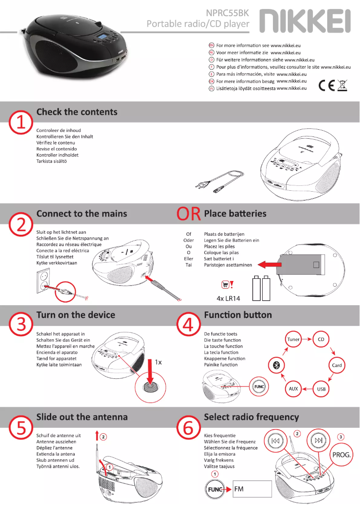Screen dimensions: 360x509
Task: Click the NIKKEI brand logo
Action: coord(305,21)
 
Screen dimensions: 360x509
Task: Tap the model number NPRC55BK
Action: coord(227,13)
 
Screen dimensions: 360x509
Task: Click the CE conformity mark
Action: coord(326,85)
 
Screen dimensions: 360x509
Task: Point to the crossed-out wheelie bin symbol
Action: coord(342,85)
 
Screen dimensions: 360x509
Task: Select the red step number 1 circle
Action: coord(21,123)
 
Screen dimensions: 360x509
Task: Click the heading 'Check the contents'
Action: coord(77,112)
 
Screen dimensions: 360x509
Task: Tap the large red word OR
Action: coord(189,214)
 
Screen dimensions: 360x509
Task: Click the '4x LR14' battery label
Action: coord(228,298)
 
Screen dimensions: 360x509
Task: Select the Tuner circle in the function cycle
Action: coord(293,339)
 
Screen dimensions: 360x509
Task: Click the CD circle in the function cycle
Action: coord(321,339)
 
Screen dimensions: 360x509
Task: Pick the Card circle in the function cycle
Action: coord(337,365)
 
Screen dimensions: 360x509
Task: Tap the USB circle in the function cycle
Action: coord(321,389)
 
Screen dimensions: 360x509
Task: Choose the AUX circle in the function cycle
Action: coord(293,389)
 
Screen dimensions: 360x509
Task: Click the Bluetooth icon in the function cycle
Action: coord(277,365)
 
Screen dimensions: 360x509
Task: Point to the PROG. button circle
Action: coord(341,455)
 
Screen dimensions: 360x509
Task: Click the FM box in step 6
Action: coord(252,489)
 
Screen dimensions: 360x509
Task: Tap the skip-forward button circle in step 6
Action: coord(319,440)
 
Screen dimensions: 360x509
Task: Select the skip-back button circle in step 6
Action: coord(276,441)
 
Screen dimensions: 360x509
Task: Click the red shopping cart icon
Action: coord(225,285)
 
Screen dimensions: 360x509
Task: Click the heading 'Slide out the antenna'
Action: coord(82,417)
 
